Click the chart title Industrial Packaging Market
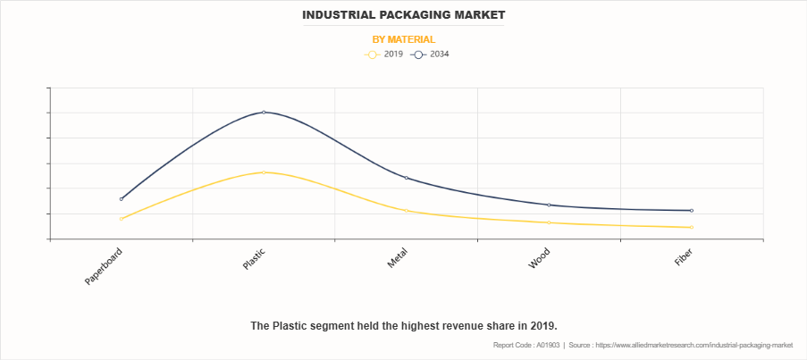[403, 15]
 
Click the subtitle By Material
[403, 39]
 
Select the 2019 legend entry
[385, 54]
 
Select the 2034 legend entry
[432, 54]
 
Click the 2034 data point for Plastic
[264, 112]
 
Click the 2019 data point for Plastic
[264, 172]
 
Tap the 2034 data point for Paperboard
[122, 198]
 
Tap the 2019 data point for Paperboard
[122, 219]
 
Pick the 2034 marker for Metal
[407, 178]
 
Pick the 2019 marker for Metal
[407, 211]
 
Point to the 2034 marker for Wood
[549, 205]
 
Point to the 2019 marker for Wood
[549, 222]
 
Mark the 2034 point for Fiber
[692, 211]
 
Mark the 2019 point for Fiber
[692, 227]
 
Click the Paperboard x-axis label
[105, 266]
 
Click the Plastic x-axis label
[254, 259]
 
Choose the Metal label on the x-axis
[398, 258]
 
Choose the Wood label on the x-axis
[540, 258]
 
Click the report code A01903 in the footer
[527, 345]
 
